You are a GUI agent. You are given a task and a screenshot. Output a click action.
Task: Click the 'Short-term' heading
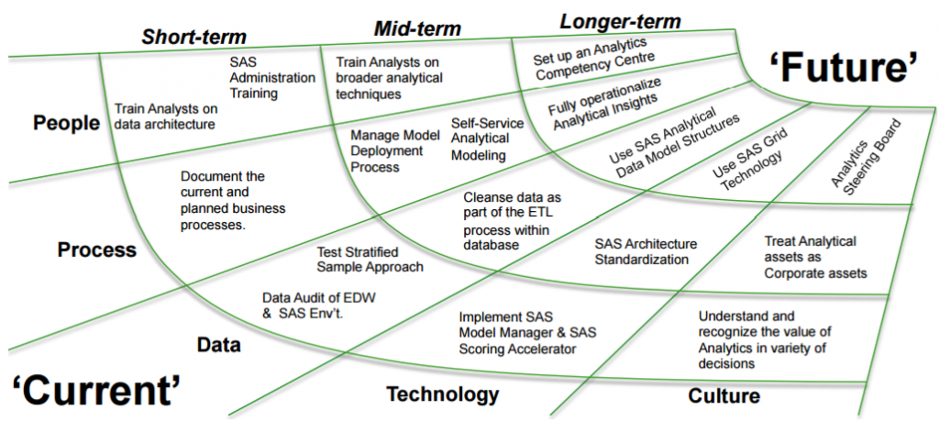tap(193, 38)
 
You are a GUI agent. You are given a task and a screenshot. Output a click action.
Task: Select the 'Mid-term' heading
tap(418, 28)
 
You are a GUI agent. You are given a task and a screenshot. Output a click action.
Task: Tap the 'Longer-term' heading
tap(620, 20)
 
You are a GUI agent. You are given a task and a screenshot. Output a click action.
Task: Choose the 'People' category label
tap(66, 123)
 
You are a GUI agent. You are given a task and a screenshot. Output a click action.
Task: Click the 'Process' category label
tap(96, 249)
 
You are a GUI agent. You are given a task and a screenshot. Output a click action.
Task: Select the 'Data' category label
tap(218, 345)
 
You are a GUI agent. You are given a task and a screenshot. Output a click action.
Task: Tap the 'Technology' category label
tap(442, 394)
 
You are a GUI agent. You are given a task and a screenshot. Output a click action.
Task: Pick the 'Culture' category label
tap(723, 396)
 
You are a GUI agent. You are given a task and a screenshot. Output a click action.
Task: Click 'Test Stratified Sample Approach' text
tap(370, 259)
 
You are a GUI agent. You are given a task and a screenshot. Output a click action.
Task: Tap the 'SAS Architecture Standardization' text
tap(646, 251)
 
